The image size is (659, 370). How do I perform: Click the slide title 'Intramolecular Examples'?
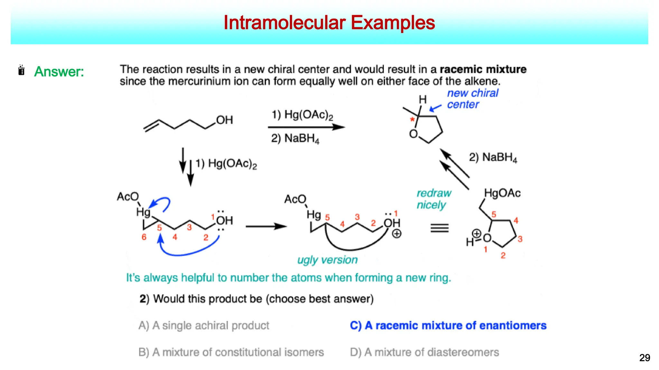click(x=329, y=23)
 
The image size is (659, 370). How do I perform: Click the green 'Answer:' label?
click(x=59, y=72)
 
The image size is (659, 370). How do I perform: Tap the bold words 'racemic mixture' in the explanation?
click(x=483, y=69)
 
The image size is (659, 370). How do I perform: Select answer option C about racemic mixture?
click(x=448, y=325)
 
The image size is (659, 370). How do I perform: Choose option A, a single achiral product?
click(x=204, y=325)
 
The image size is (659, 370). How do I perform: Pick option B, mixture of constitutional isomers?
click(x=231, y=352)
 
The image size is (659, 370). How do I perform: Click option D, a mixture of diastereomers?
click(x=424, y=352)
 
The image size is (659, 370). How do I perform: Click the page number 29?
click(x=645, y=357)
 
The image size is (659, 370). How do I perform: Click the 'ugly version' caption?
click(x=327, y=260)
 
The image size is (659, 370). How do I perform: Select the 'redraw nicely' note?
click(x=433, y=199)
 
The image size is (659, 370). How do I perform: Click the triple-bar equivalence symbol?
click(x=440, y=228)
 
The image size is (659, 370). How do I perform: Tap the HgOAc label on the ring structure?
click(x=502, y=193)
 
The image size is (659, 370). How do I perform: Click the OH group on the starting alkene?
click(x=224, y=120)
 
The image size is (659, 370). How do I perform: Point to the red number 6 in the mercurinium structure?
click(x=144, y=237)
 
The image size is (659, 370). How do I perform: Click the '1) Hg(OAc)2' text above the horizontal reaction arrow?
click(x=302, y=115)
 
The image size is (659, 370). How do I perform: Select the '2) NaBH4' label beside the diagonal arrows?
click(x=493, y=157)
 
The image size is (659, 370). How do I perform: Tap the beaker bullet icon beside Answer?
click(x=22, y=70)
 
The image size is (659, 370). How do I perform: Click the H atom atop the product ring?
click(x=422, y=100)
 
